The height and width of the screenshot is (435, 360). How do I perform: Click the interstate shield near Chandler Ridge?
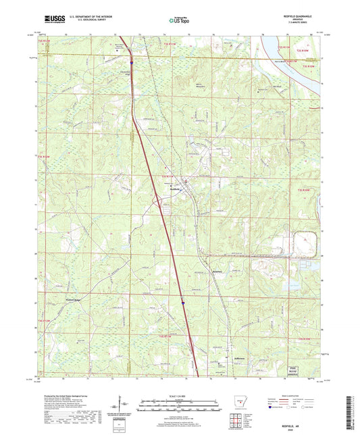132,65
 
